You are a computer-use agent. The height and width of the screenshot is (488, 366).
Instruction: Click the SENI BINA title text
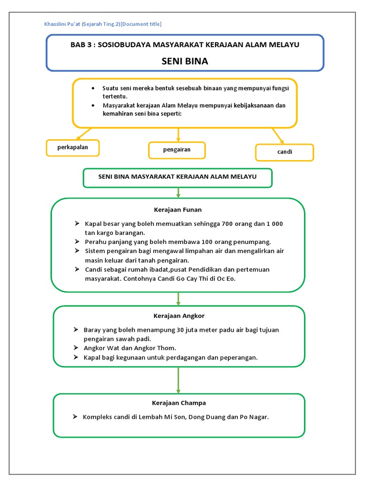(x=184, y=61)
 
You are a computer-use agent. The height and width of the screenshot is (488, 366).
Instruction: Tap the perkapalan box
(x=73, y=148)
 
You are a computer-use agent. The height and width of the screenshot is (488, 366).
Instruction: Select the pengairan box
(x=177, y=150)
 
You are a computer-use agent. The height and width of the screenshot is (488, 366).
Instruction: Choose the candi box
(x=285, y=152)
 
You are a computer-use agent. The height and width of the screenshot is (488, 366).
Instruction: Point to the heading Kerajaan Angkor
(x=179, y=316)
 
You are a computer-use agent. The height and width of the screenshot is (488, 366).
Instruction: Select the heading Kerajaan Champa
(x=179, y=403)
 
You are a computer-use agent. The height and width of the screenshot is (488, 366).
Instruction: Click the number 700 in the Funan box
(x=226, y=224)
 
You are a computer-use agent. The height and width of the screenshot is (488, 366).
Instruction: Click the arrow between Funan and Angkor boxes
(x=179, y=298)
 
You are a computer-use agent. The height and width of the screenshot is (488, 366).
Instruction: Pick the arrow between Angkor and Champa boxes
(x=179, y=380)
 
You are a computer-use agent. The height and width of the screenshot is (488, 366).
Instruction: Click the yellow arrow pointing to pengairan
(x=178, y=134)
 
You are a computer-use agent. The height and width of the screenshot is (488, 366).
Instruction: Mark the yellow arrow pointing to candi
(x=278, y=136)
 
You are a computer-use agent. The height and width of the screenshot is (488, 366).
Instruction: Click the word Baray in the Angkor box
(x=93, y=330)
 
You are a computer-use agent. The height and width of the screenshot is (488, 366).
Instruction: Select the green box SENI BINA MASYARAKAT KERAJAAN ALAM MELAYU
(x=177, y=177)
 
